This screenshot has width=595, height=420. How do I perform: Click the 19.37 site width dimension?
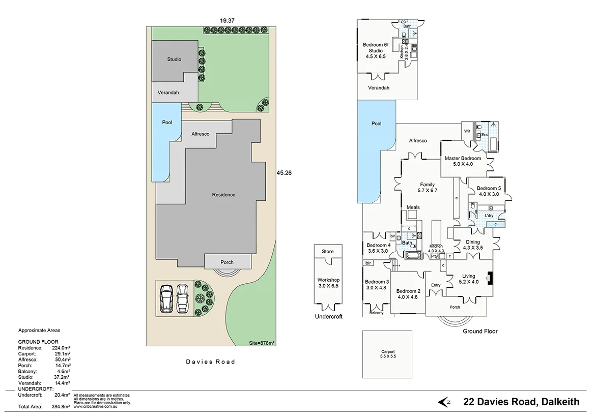click(x=227, y=20)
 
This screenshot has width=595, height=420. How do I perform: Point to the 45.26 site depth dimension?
click(x=284, y=173)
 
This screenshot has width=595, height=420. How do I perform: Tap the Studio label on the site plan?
click(x=174, y=59)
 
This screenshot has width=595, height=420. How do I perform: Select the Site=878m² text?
click(x=262, y=343)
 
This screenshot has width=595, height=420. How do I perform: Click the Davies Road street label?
click(x=210, y=362)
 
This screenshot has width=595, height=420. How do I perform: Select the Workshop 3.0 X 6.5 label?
click(x=328, y=283)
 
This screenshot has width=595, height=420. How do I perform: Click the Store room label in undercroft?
click(x=328, y=252)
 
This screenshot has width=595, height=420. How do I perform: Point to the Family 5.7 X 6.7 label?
click(x=427, y=187)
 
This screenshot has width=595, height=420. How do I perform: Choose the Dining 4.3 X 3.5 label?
click(x=473, y=245)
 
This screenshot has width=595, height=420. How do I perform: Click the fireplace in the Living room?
click(x=490, y=278)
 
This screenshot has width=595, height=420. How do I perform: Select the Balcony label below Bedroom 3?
click(x=376, y=313)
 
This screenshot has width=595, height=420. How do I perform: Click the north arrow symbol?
click(x=444, y=402)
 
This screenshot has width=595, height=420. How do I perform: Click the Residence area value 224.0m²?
click(x=61, y=348)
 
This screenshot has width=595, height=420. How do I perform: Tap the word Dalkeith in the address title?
click(x=560, y=402)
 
